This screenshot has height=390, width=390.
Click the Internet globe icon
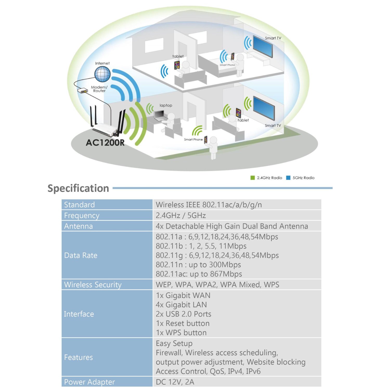pos(102,74)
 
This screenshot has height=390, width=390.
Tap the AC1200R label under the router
pos(105,143)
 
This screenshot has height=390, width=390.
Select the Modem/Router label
pos(99,89)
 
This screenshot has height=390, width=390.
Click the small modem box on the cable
pos(83,91)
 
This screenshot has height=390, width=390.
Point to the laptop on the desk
pos(159,115)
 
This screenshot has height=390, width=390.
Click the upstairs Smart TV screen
pos(263,46)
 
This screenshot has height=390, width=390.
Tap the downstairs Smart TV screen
pos(264,108)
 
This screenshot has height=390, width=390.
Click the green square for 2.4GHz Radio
pos(252,178)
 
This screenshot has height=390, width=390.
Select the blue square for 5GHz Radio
pos(288,178)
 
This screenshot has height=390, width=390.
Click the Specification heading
pos(78,188)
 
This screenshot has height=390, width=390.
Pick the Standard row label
pos(79,205)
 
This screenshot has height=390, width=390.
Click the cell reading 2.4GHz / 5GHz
pos(181,216)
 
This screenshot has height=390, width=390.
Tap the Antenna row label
pos(78,226)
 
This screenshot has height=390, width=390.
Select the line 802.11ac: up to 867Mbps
pos(199,274)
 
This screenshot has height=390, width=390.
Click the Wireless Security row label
pos(93,285)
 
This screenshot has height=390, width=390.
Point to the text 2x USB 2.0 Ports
pos(183,314)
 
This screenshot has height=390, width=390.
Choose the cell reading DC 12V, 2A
pos(175,382)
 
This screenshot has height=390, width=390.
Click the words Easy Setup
pos(174,343)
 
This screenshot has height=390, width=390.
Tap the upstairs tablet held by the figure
pos(177,65)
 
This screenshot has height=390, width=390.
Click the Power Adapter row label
pos(89,382)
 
